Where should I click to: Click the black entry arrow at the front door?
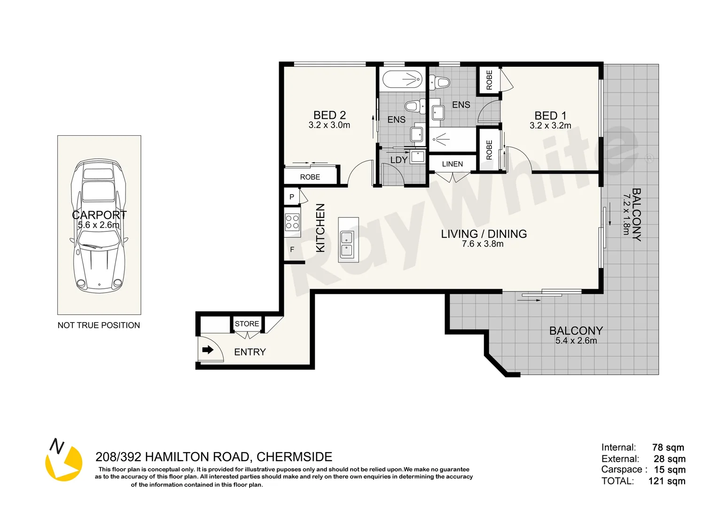tap(208, 349)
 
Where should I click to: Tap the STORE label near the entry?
tap(247, 323)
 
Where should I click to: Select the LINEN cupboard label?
tap(453, 164)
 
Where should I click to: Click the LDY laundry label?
tap(399, 160)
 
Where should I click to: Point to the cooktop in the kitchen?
tap(292, 222)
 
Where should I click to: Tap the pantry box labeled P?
tap(292, 196)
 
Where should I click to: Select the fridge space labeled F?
tap(292, 249)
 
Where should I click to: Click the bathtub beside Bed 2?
tap(402, 79)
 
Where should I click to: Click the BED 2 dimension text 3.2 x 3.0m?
tap(329, 125)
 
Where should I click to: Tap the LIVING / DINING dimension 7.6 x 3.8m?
tap(483, 244)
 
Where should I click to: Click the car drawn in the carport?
tap(99, 226)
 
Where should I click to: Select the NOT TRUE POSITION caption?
tap(99, 325)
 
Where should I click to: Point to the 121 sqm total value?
tap(667, 481)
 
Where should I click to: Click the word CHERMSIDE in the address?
tap(294, 456)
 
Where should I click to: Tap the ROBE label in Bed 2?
tap(310, 177)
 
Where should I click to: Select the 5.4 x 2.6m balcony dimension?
tap(576, 340)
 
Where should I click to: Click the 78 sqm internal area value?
tap(668, 447)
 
